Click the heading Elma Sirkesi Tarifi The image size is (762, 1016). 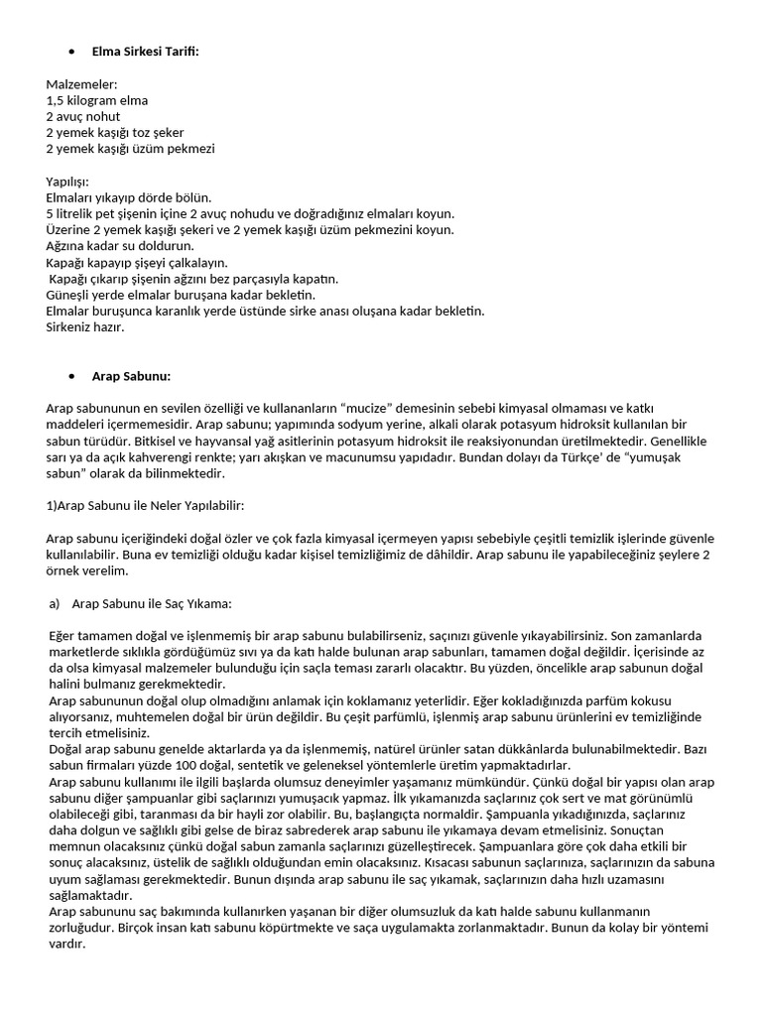(x=145, y=51)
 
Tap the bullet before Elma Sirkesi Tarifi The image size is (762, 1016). (x=72, y=52)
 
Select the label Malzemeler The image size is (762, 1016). (x=81, y=85)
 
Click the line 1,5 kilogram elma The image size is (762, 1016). (x=97, y=101)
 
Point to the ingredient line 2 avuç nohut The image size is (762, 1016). (x=83, y=117)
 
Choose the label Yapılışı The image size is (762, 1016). (x=67, y=182)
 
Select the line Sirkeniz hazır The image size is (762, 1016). (x=85, y=326)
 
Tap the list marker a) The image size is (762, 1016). (x=55, y=602)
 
